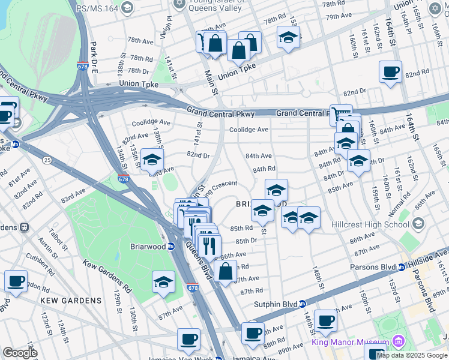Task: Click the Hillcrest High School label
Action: click(371, 224)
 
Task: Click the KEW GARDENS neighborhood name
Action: click(71, 300)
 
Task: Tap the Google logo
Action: click(20, 352)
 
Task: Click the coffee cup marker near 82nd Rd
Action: click(390, 73)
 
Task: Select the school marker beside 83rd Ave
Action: click(152, 161)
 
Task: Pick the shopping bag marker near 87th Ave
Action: click(226, 272)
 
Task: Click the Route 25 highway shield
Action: click(47, 160)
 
